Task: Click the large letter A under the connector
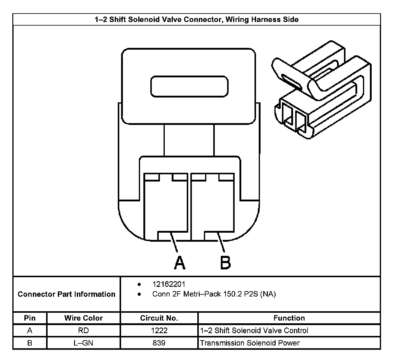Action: point(180,262)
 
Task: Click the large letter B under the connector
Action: point(225,262)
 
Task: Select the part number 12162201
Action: point(169,284)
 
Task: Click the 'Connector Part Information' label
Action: point(67,294)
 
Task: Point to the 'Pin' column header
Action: point(30,318)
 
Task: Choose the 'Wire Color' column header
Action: point(83,318)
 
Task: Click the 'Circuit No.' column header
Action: point(159,318)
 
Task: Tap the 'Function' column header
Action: point(289,318)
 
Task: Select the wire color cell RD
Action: point(83,331)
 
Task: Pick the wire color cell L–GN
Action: point(83,343)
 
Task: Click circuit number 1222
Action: point(159,331)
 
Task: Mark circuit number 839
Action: point(159,343)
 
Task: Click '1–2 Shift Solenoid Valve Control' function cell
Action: point(254,331)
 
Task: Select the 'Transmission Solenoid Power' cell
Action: point(250,343)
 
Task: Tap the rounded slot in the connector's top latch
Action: point(189,86)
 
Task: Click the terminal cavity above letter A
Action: point(166,206)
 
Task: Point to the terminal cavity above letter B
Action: point(213,206)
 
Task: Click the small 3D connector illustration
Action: point(322,90)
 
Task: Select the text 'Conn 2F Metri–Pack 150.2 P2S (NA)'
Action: point(214,294)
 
